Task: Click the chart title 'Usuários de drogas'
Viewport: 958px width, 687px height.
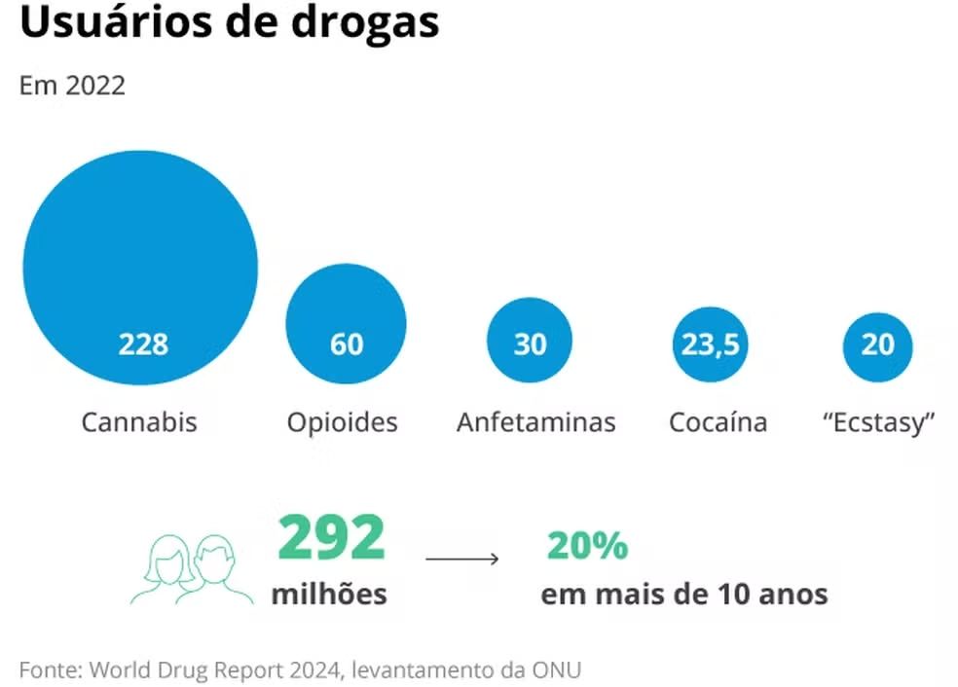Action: (x=229, y=23)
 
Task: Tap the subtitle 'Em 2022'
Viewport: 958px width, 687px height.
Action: (x=72, y=86)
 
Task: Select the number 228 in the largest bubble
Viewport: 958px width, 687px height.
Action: (x=143, y=344)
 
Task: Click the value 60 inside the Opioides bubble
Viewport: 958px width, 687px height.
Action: (x=346, y=344)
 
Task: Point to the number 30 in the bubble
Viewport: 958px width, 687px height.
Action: (x=530, y=344)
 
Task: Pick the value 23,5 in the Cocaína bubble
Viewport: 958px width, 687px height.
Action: (x=710, y=344)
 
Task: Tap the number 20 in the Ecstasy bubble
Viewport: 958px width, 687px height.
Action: (x=877, y=344)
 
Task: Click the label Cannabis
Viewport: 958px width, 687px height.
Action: (x=139, y=422)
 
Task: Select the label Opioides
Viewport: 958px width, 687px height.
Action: (x=342, y=422)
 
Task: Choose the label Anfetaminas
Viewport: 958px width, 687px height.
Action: (x=535, y=422)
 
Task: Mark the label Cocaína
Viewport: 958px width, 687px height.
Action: (x=718, y=422)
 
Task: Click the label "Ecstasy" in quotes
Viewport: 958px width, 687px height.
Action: (x=878, y=422)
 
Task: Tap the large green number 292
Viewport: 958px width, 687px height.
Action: (x=332, y=538)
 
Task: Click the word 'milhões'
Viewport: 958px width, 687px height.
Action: (x=329, y=594)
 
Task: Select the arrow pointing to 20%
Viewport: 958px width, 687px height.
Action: (x=462, y=559)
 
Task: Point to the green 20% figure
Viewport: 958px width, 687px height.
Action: (x=587, y=547)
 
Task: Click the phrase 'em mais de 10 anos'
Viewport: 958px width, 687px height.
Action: (x=684, y=594)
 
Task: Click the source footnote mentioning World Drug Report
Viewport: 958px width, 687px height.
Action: (x=300, y=669)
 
